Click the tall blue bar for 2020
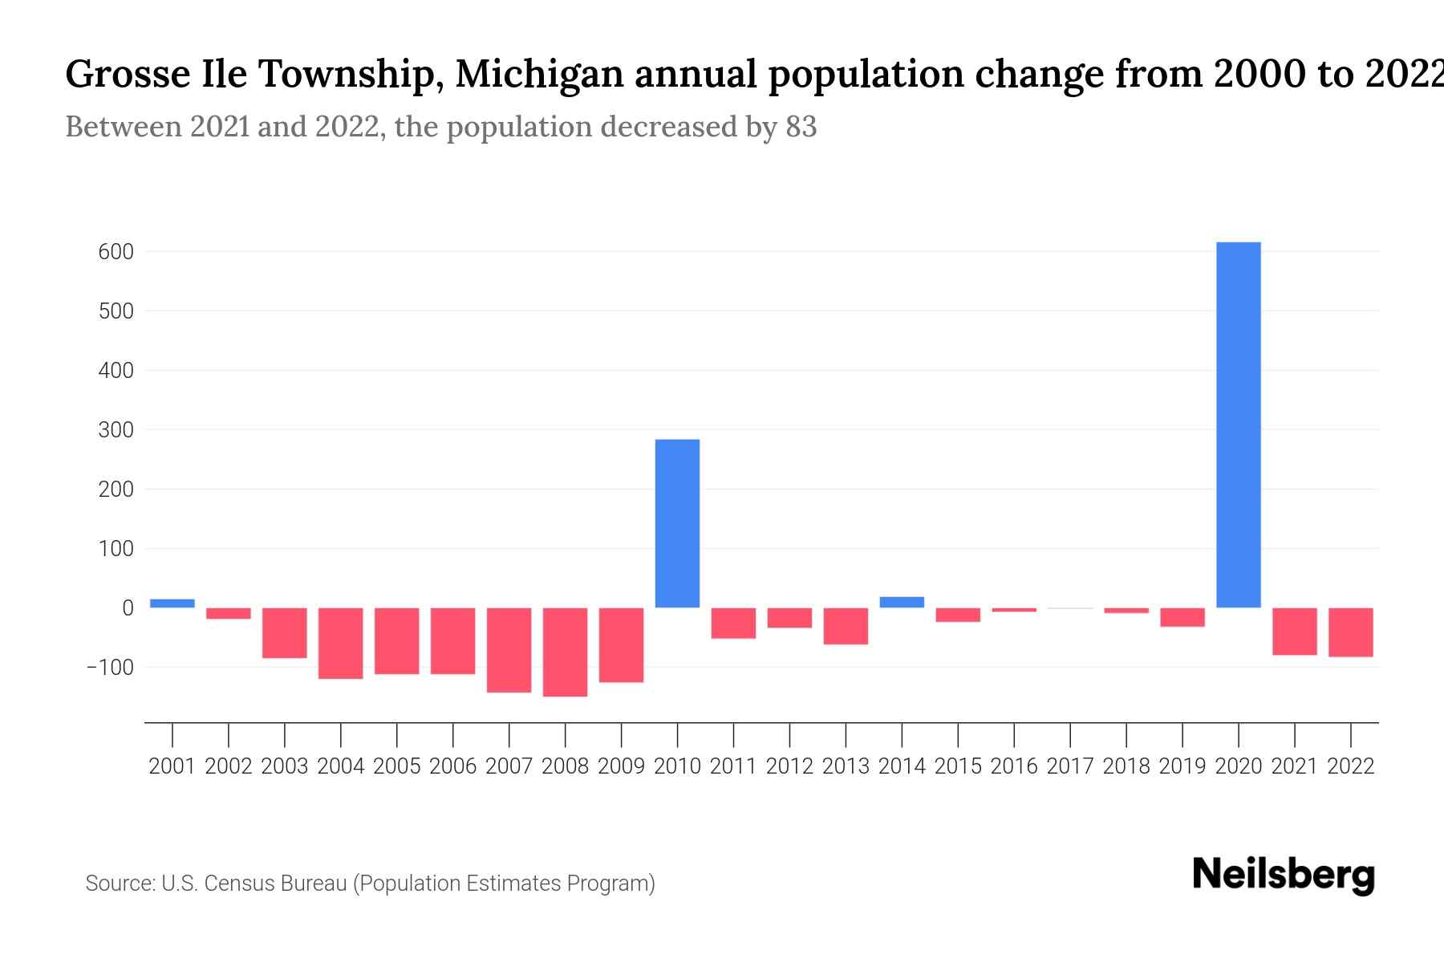coord(1238,425)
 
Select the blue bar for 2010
coord(677,523)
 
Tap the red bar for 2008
coord(565,652)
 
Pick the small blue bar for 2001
coord(172,603)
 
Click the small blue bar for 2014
coord(902,602)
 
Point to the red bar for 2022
coord(1350,632)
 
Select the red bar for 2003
coord(285,633)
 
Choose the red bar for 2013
coord(846,626)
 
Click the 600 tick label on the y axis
coord(116,252)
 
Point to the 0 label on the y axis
coord(128,608)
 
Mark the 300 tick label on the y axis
coord(116,430)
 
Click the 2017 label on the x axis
coord(1070,766)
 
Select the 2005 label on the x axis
coord(397,766)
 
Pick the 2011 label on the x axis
coord(733,766)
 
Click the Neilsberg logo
coord(1284,875)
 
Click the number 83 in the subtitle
coord(801,127)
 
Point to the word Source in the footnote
coord(120,884)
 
